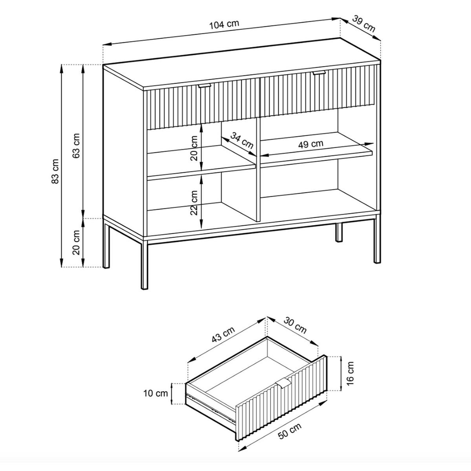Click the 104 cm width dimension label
pyautogui.click(x=224, y=24)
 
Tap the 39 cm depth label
pyautogui.click(x=364, y=24)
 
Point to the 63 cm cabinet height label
pyautogui.click(x=77, y=146)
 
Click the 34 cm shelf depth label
pyautogui.click(x=242, y=140)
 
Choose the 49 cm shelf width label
pyautogui.click(x=310, y=144)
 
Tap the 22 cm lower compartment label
pyautogui.click(x=194, y=203)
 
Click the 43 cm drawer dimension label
pyautogui.click(x=223, y=335)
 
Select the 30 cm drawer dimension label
pyautogui.click(x=295, y=325)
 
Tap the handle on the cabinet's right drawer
pyautogui.click(x=319, y=73)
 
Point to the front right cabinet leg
pyautogui.click(x=377, y=239)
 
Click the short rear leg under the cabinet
pyautogui.click(x=338, y=232)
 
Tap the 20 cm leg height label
pyautogui.click(x=77, y=243)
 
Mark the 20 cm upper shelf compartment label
pyautogui.click(x=194, y=148)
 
